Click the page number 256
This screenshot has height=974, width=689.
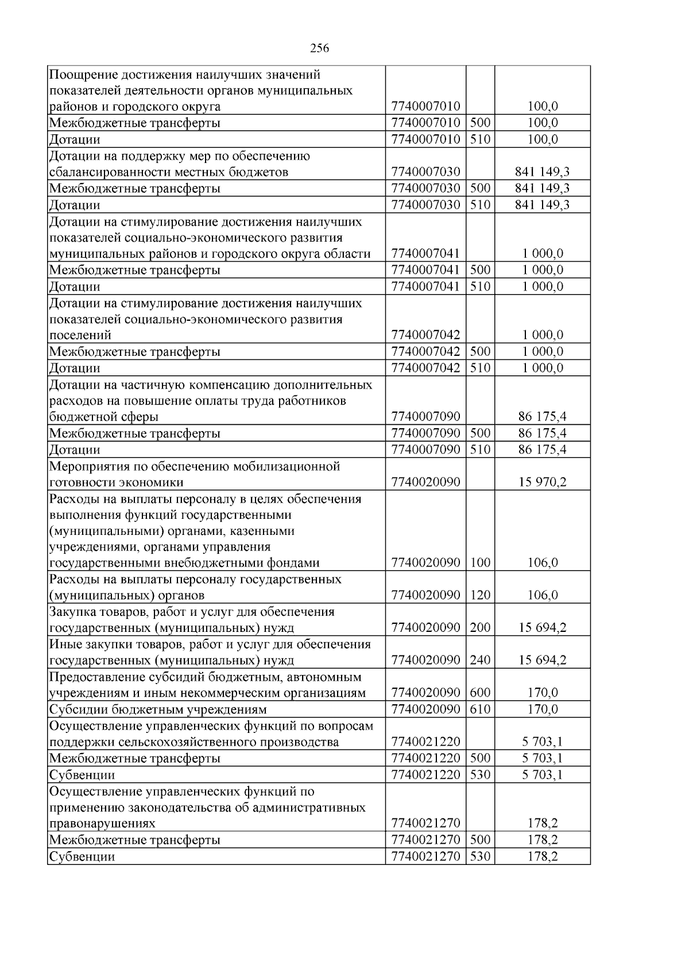coord(319,48)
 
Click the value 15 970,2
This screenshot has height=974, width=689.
coord(543,482)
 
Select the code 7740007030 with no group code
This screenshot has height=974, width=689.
coord(425,172)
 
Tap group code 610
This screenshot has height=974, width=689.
coord(480,709)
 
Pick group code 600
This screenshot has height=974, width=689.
coord(480,693)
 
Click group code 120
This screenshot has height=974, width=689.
coord(480,595)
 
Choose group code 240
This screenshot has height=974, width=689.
coord(480,660)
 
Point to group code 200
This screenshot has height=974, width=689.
coord(480,627)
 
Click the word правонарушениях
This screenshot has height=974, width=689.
coord(102,824)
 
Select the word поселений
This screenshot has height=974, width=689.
coord(80,335)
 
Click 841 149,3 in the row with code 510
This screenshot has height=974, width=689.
coord(543,205)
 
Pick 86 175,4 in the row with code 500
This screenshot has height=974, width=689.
coord(543,433)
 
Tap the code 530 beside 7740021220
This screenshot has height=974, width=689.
coord(480,775)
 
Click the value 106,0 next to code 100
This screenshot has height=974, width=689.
coord(543,563)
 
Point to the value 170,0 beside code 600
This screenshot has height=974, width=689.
coord(543,693)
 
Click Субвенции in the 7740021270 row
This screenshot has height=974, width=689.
coord(82,857)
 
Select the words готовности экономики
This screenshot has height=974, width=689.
coord(117,483)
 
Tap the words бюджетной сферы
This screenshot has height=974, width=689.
coord(104,417)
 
